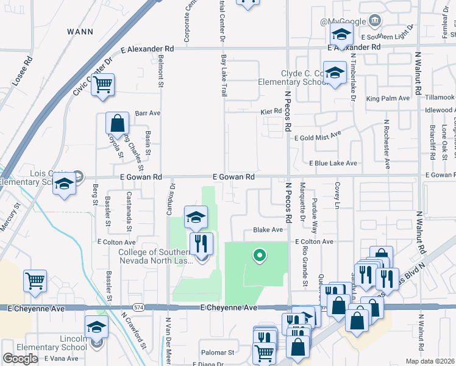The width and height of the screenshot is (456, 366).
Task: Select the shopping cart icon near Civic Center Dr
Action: pos(103,85)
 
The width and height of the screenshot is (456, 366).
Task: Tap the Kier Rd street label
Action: pos(271,111)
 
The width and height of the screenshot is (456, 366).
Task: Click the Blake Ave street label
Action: pos(268,230)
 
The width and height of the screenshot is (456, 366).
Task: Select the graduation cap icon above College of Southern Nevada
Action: pos(196,217)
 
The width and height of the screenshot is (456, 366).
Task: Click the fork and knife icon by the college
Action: pos(202,243)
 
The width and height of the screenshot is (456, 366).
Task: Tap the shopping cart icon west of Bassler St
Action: pos(35,281)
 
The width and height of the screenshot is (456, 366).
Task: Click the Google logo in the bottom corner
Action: pos(20,359)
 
